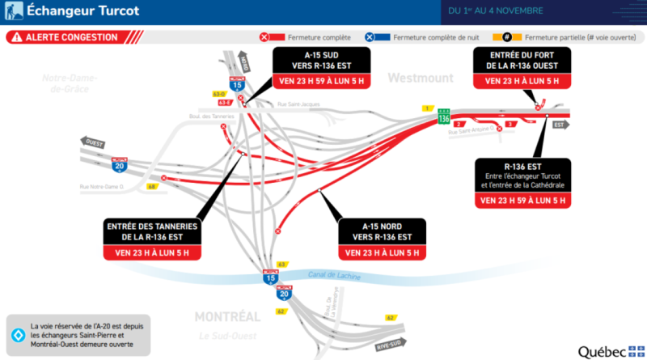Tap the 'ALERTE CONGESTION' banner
coord(72,37)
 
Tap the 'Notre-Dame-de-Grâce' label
coord(70,83)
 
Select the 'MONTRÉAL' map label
coord(228,316)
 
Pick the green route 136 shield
coord(443,116)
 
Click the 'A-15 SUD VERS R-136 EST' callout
coord(321,68)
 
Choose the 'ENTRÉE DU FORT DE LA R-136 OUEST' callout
coord(523,68)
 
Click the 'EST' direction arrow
coord(559,125)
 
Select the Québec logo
coord(610,351)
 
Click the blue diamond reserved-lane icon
coord(17,333)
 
